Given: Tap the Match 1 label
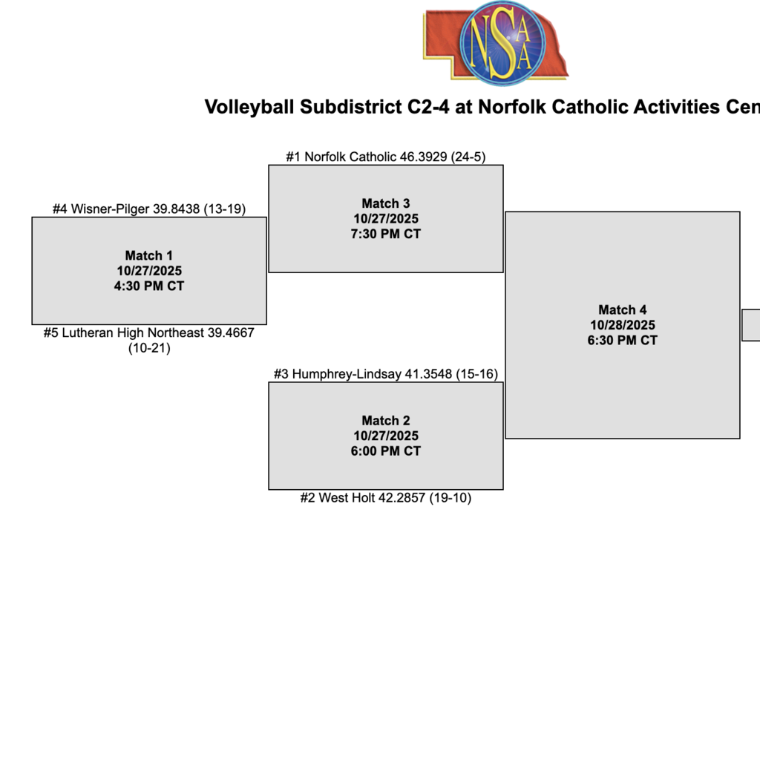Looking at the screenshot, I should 149,255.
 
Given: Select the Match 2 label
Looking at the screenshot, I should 386,420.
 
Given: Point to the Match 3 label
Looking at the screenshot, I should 386,203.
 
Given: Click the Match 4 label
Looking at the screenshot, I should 623,309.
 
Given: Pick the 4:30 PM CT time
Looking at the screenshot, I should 149,286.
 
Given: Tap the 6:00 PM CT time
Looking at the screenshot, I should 386,451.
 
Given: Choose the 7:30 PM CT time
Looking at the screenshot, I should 386,234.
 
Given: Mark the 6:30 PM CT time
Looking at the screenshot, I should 623,341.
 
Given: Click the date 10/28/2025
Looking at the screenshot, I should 623,325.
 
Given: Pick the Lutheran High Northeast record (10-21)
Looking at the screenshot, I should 149,347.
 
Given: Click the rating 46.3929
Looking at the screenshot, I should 425,157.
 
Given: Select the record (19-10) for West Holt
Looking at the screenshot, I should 450,498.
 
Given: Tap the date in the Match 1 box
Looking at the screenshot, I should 149,271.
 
